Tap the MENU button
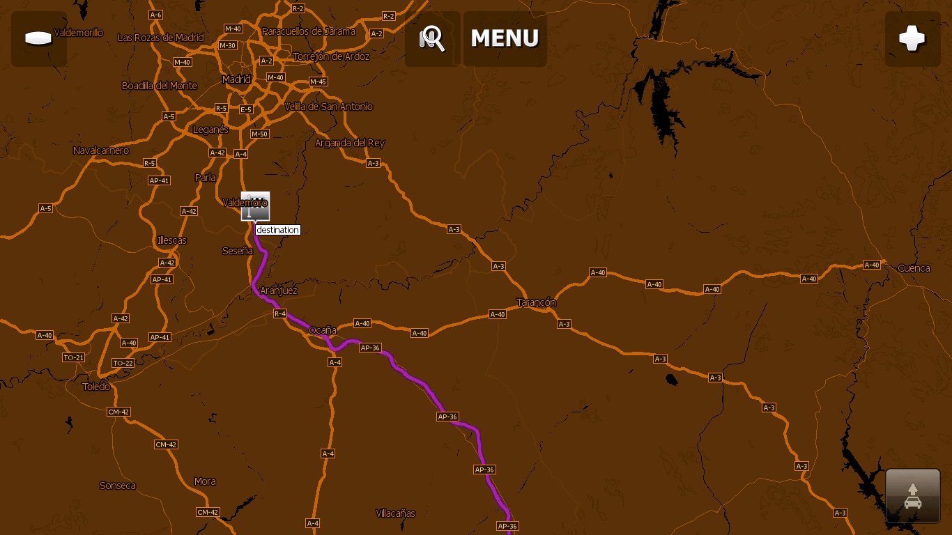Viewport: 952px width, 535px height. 505,38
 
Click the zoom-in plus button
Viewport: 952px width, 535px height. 912,38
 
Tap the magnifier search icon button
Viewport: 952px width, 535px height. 432,38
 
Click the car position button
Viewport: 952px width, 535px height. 912,495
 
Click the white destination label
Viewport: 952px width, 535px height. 277,230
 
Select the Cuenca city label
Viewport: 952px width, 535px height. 914,268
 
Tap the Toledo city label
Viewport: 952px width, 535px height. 96,387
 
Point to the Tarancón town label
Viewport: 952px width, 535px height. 536,302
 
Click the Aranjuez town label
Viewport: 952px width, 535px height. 278,290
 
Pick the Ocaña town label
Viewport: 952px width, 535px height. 323,330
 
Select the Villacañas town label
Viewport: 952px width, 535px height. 395,513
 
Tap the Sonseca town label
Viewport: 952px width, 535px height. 118,486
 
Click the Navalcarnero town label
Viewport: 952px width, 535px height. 101,150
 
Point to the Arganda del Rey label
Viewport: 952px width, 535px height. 350,143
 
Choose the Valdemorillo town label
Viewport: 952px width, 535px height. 78,33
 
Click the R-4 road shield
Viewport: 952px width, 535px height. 279,314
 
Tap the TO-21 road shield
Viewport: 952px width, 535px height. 73,357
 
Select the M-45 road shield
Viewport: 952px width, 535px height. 318,82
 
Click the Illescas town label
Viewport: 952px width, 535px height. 171,240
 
